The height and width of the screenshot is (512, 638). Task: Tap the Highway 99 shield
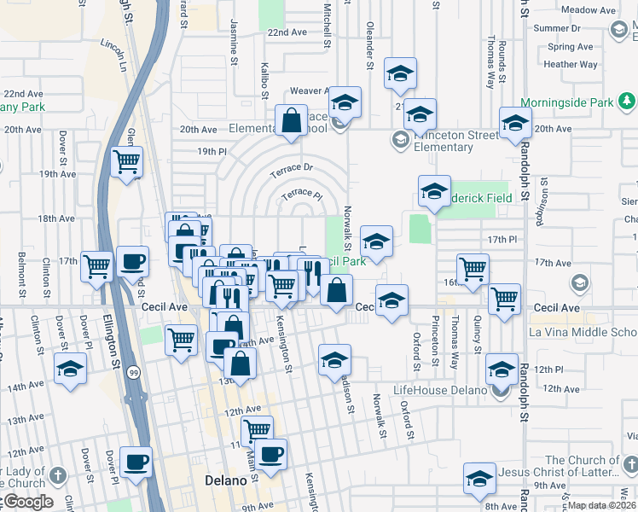pos(133,373)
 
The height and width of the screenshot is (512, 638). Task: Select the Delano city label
pos(226,480)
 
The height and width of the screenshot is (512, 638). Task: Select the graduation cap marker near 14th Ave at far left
pos(70,369)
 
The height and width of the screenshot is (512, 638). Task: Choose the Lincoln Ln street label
pos(118,54)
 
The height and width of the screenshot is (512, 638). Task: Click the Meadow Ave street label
pos(589,10)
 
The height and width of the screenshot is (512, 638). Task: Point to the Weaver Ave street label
pos(310,90)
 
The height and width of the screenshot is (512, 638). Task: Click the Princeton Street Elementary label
pos(443,140)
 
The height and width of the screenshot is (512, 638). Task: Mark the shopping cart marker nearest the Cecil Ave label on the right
pos(505,299)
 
